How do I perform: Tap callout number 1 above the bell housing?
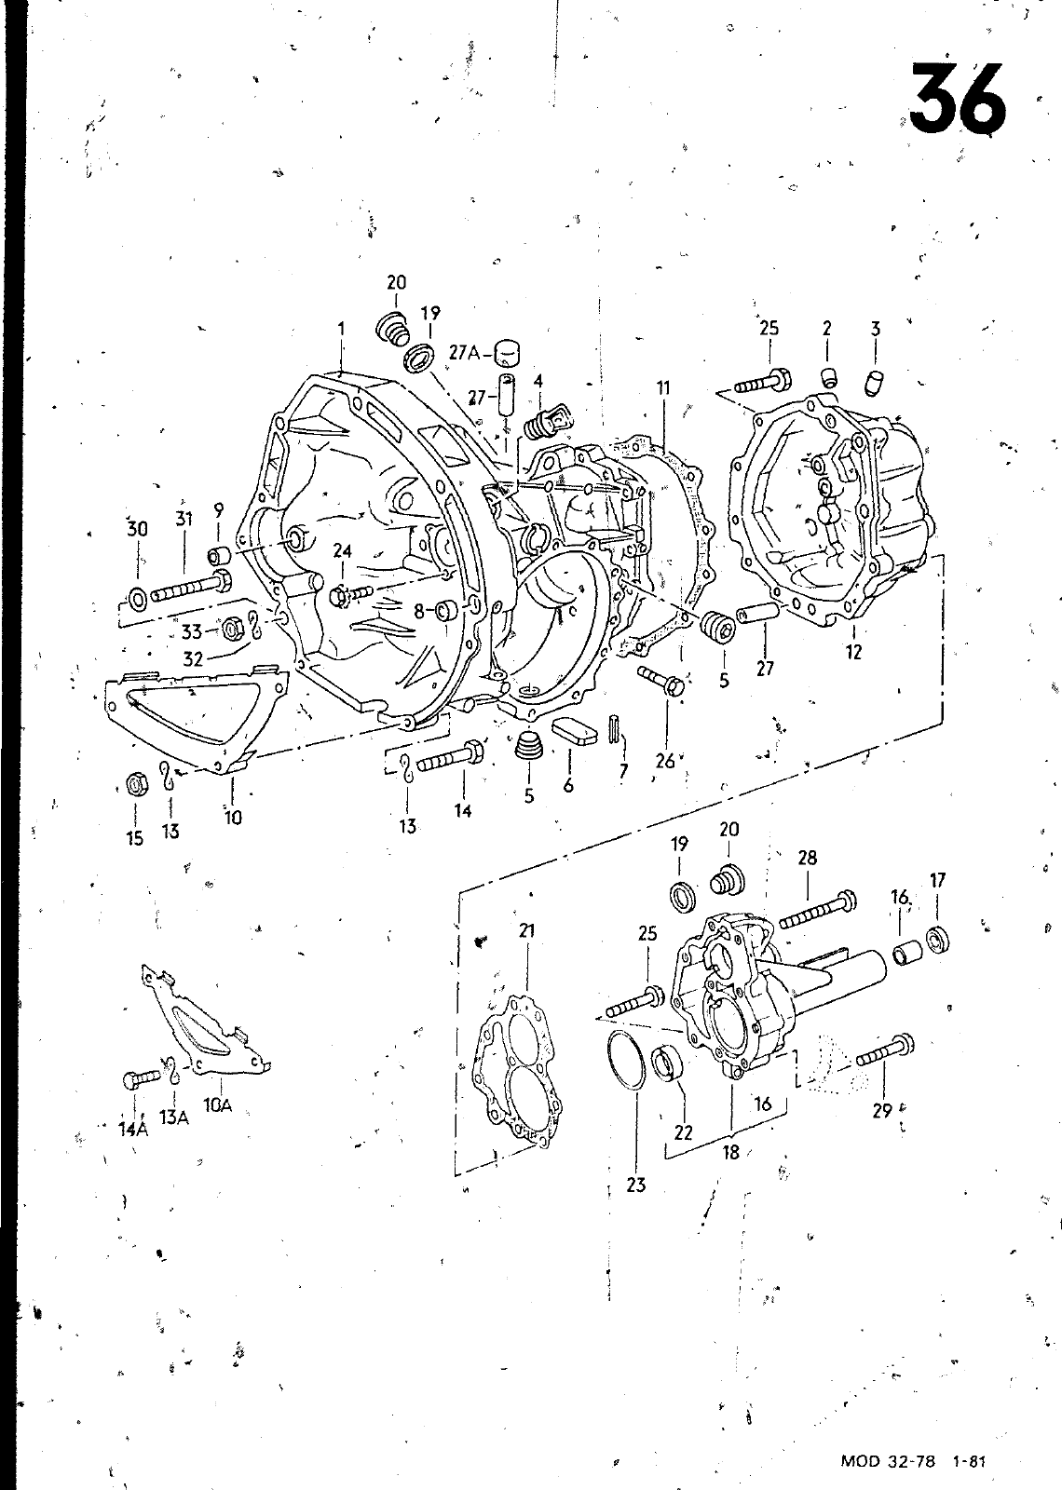[x=341, y=328]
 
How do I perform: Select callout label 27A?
[x=465, y=353]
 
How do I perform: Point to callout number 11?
[x=662, y=387]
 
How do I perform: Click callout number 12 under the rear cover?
[x=853, y=652]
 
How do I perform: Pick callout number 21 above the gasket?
[x=526, y=930]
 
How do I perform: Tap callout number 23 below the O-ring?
[x=636, y=1185]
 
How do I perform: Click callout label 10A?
[x=218, y=1105]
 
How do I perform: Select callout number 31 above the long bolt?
[x=184, y=518]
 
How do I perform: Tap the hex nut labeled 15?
[x=136, y=785]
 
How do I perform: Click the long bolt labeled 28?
[x=818, y=911]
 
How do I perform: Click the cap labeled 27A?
[x=507, y=354]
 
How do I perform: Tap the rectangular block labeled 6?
[x=576, y=730]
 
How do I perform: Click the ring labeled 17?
[x=937, y=940]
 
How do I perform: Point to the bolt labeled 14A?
[x=142, y=1077]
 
